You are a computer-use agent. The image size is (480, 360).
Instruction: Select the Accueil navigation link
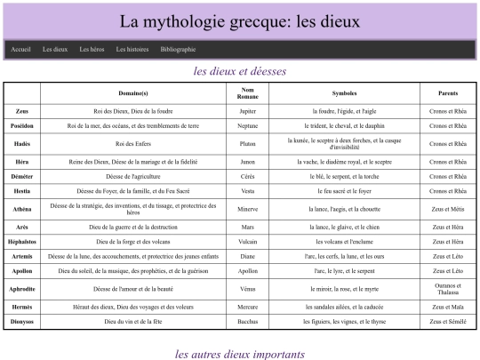(x=21, y=50)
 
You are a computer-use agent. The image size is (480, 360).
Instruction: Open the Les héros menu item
(x=92, y=50)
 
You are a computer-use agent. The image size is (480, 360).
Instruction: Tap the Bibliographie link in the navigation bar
(x=178, y=50)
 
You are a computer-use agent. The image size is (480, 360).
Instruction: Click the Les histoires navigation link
(x=132, y=50)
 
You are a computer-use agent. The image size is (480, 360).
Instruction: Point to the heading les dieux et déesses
(x=240, y=71)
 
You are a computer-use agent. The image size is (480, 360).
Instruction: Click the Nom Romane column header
(x=248, y=92)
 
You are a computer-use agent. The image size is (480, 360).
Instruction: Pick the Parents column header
(x=448, y=92)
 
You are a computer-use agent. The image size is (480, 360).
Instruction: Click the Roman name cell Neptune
(x=248, y=125)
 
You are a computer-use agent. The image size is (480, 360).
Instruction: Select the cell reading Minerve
(x=248, y=210)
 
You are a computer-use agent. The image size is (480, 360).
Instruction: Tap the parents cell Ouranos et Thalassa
(x=448, y=290)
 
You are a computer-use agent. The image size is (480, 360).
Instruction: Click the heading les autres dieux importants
(x=240, y=353)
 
